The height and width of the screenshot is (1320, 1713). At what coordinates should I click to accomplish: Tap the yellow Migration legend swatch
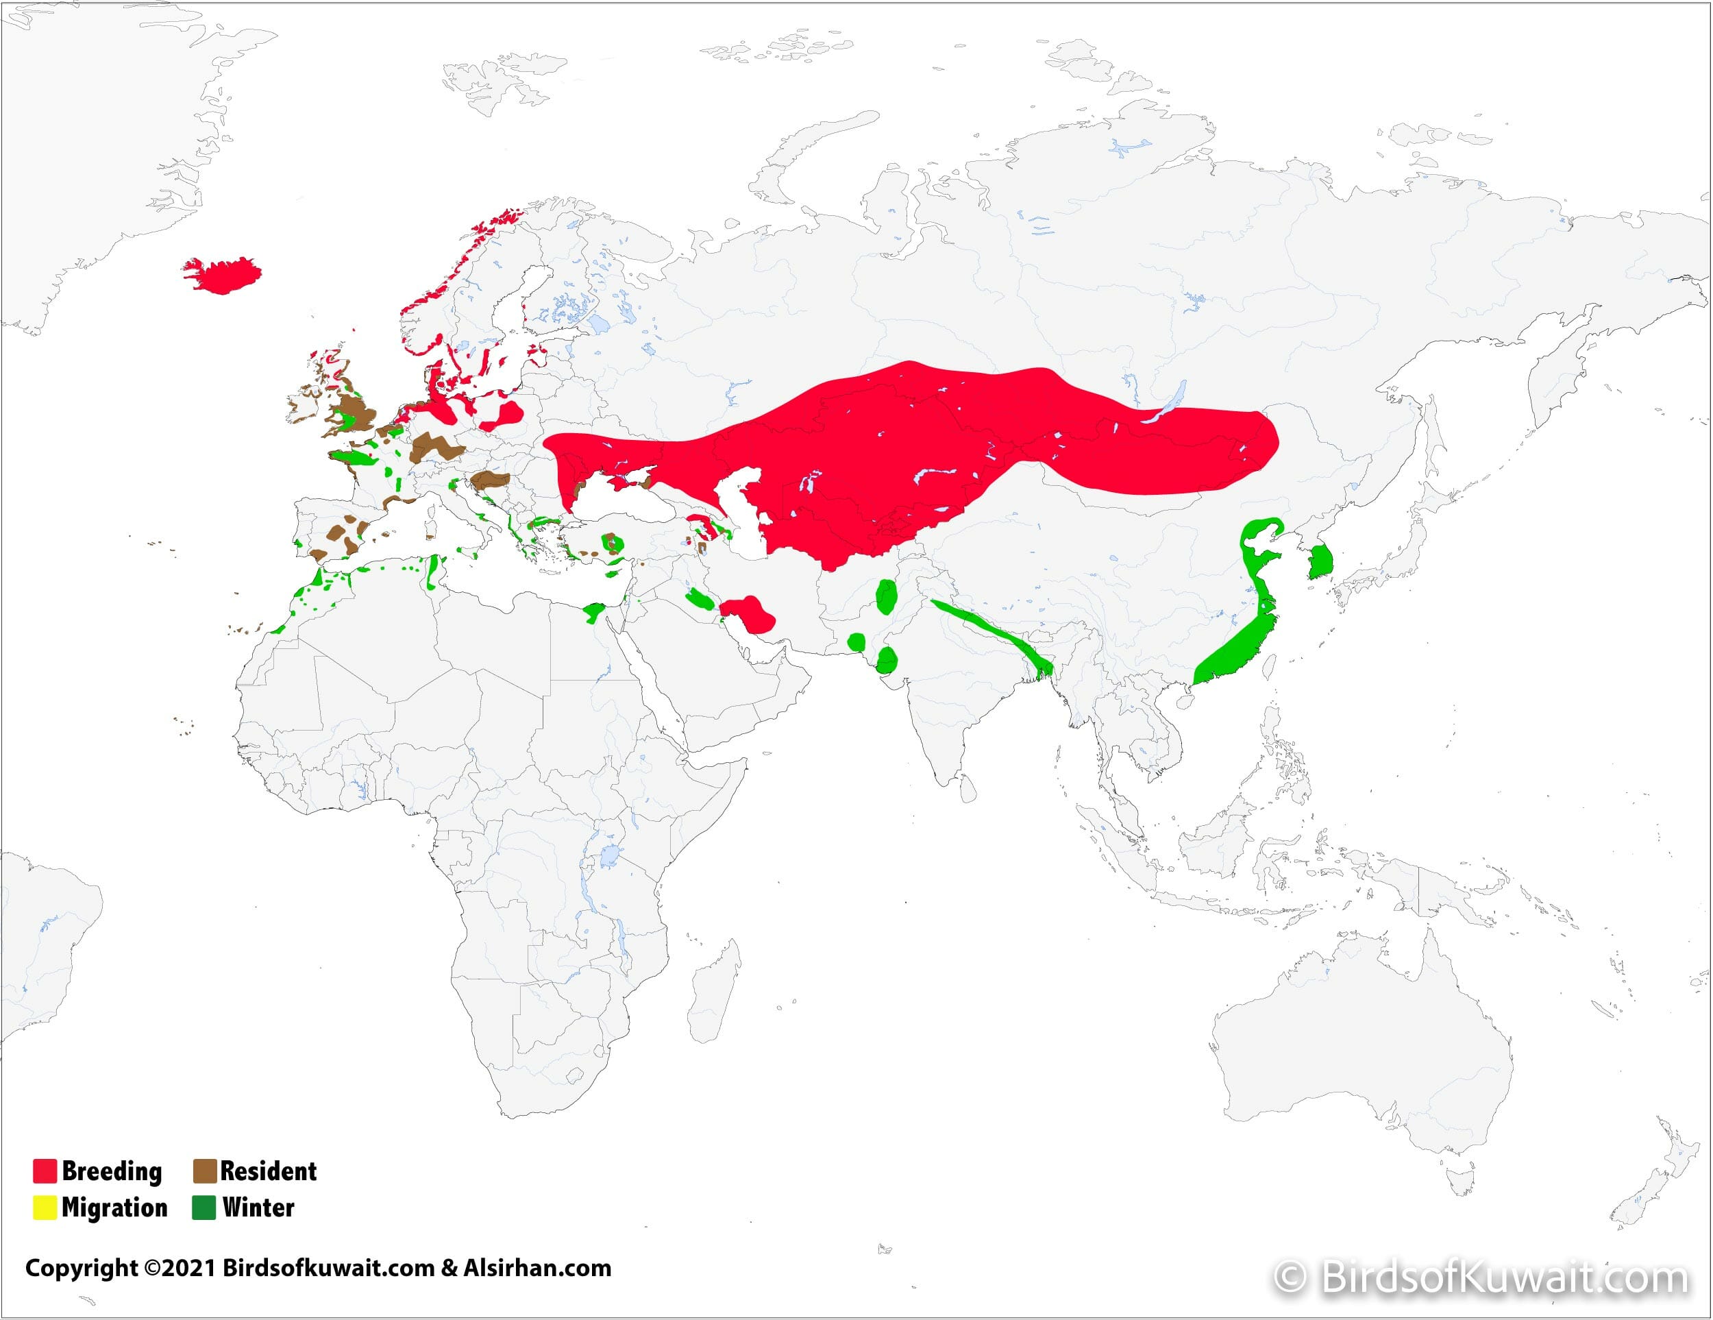(x=45, y=1208)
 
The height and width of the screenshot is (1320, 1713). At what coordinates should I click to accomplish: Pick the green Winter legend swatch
(x=204, y=1208)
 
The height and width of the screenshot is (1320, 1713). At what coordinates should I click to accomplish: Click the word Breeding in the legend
(x=112, y=1171)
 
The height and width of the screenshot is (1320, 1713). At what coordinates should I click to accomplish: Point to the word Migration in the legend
(x=114, y=1208)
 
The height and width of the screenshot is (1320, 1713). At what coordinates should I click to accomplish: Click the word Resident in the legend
(x=268, y=1171)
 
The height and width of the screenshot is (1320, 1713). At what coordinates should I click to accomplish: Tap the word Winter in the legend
(x=258, y=1208)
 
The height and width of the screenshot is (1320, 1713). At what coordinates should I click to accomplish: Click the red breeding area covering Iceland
(x=224, y=275)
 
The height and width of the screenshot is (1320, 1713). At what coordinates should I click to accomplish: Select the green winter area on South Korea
(x=1321, y=561)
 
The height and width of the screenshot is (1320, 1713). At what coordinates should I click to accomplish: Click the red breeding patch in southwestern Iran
(x=749, y=613)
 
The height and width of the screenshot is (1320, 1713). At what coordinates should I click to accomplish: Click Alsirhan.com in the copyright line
(x=537, y=1267)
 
